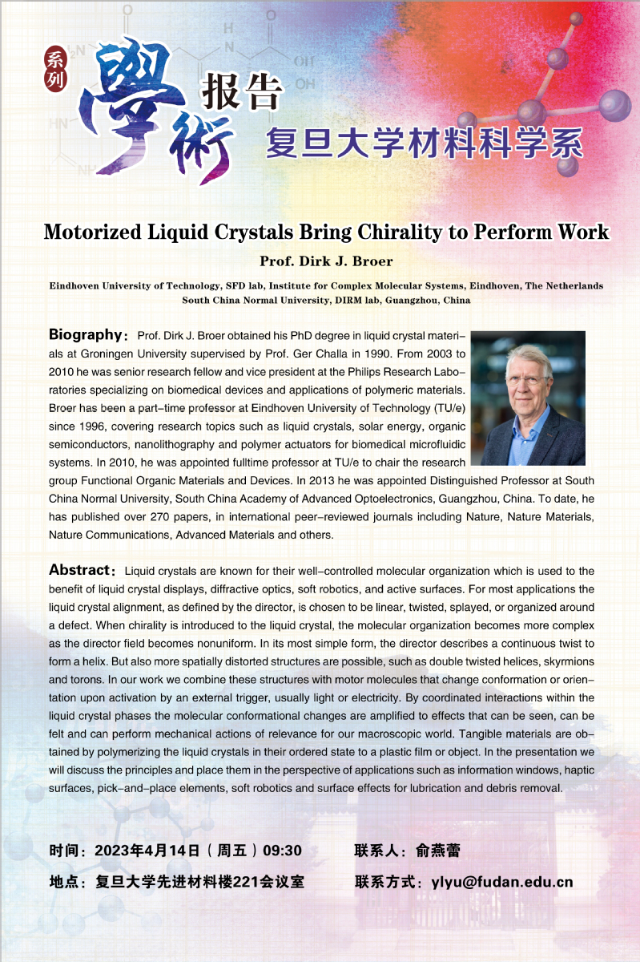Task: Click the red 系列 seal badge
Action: click(55, 67)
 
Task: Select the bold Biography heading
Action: click(84, 333)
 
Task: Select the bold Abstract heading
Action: click(79, 570)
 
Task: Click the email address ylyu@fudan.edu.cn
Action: click(502, 882)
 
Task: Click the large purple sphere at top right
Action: click(614, 103)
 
